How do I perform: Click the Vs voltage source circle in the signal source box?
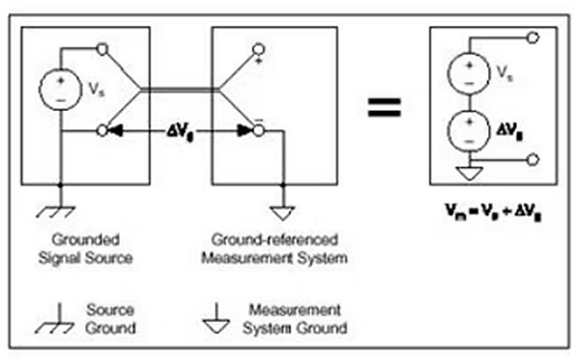coord(60,89)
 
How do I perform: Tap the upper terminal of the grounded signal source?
coord(102,48)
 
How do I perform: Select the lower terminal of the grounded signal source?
coord(102,131)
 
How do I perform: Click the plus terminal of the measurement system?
coord(259,49)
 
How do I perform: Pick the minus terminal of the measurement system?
coord(259,131)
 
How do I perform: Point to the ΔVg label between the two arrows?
coord(180,132)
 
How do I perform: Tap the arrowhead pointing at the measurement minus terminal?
coord(245,131)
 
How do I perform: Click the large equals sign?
coord(384,108)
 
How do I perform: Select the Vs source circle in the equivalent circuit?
coord(468,73)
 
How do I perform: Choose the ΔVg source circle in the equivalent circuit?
coord(468,131)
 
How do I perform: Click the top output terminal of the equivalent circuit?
coord(533,37)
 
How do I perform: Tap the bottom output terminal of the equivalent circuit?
coord(533,160)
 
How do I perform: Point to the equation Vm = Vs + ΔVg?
coord(493,212)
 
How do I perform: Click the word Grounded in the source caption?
coord(86,240)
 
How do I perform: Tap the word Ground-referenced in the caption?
coord(275,240)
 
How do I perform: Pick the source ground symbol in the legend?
coord(55,319)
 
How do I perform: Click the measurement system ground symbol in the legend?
coord(216,319)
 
